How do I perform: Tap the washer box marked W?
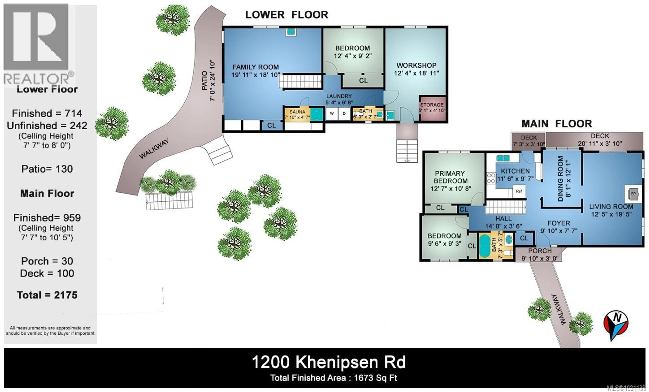click(x=332, y=114)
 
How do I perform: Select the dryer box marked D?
click(x=344, y=114)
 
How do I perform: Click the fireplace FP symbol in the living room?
click(x=633, y=194)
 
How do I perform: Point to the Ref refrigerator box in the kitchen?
click(x=519, y=191)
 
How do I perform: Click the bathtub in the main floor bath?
click(x=484, y=246)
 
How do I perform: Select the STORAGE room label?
click(x=432, y=105)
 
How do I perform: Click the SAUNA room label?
click(x=297, y=112)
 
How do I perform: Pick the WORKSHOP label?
click(x=416, y=65)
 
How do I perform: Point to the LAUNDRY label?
click(x=339, y=96)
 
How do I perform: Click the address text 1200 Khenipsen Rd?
click(x=328, y=362)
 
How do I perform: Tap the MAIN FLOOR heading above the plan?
click(x=557, y=124)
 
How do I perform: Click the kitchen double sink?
click(x=503, y=158)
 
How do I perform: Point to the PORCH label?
click(x=540, y=251)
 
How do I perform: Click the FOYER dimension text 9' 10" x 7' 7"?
click(x=559, y=231)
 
